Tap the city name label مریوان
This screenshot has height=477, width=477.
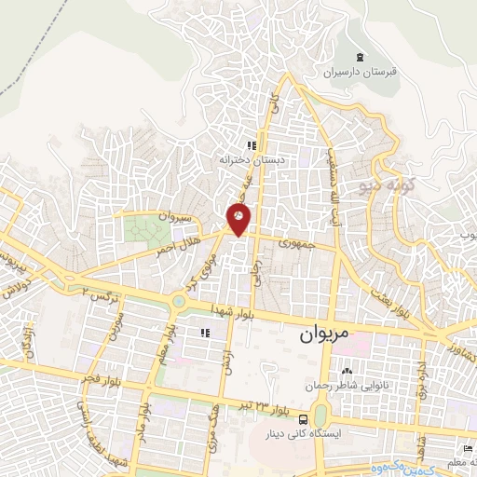326,334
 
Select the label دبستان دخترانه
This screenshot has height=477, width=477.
251,159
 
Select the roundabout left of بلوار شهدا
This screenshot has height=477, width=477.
178,301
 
